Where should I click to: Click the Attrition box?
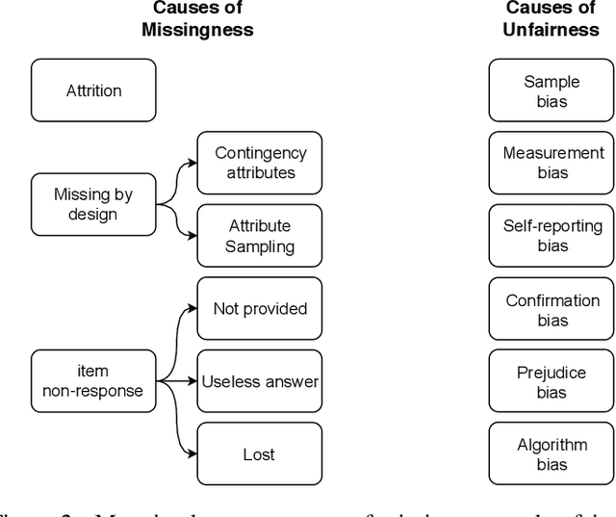click(x=93, y=90)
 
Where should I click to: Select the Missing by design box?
click(x=93, y=204)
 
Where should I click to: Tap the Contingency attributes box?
click(x=260, y=163)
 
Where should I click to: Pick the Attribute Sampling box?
click(x=260, y=236)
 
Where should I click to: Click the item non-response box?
click(x=93, y=381)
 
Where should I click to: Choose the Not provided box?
click(x=260, y=309)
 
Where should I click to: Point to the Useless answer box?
click(x=260, y=381)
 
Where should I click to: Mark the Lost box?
click(x=260, y=454)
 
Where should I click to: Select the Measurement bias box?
click(x=552, y=163)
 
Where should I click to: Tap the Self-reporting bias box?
click(x=552, y=236)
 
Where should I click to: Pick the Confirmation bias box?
click(x=552, y=309)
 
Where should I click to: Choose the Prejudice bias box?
click(x=552, y=381)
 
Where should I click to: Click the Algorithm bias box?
click(x=552, y=454)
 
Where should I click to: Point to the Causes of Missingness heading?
click(x=196, y=18)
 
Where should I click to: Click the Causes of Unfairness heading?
click(x=551, y=18)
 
